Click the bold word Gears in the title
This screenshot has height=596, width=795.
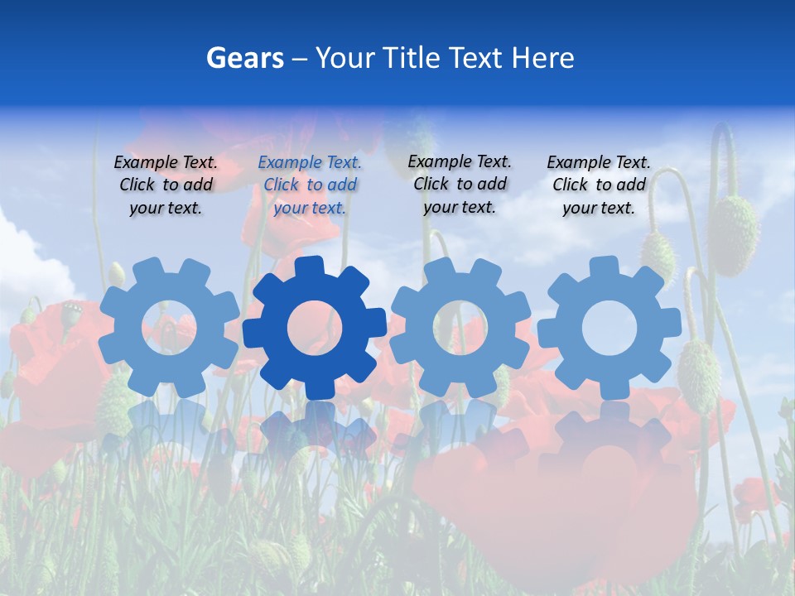pos(244,58)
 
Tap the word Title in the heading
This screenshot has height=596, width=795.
pos(410,58)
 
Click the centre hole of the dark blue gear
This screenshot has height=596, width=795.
pos(315,328)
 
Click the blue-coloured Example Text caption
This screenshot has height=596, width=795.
pos(310,185)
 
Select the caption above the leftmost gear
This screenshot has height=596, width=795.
pos(166,185)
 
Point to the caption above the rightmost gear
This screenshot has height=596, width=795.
pos(599,185)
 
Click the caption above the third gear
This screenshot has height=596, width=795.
pos(460,184)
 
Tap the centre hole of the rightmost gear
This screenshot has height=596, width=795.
pos(609,328)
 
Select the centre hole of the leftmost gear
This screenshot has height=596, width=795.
pos(169,328)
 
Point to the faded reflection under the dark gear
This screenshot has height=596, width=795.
pos(315,430)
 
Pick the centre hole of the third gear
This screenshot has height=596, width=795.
pos(460,326)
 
